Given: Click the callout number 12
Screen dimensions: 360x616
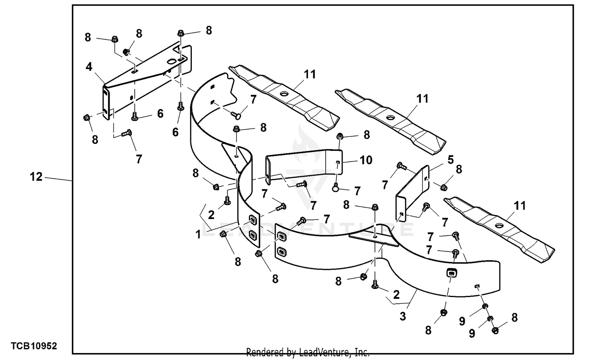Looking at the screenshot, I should click(x=36, y=177).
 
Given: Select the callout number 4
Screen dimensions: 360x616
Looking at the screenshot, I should click(x=89, y=67).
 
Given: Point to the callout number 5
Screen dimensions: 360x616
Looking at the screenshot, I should click(x=451, y=159).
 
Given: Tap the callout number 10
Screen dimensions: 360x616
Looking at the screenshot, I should click(x=365, y=160).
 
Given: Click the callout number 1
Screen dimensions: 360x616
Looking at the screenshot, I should click(x=198, y=235).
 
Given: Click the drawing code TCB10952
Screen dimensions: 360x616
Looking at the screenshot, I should click(x=34, y=346).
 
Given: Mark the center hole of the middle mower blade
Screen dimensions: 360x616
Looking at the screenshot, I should click(x=390, y=118).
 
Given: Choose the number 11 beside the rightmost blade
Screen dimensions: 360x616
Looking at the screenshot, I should click(x=520, y=205).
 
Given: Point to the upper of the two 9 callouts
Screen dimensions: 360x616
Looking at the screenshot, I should click(x=462, y=321).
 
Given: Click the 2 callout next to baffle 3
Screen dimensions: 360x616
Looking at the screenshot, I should click(x=396, y=295).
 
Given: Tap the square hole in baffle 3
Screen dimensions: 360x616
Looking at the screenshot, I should click(x=451, y=272).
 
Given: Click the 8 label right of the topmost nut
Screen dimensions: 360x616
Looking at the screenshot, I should click(x=209, y=30).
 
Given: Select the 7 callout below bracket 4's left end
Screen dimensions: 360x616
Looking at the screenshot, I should click(x=139, y=159).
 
